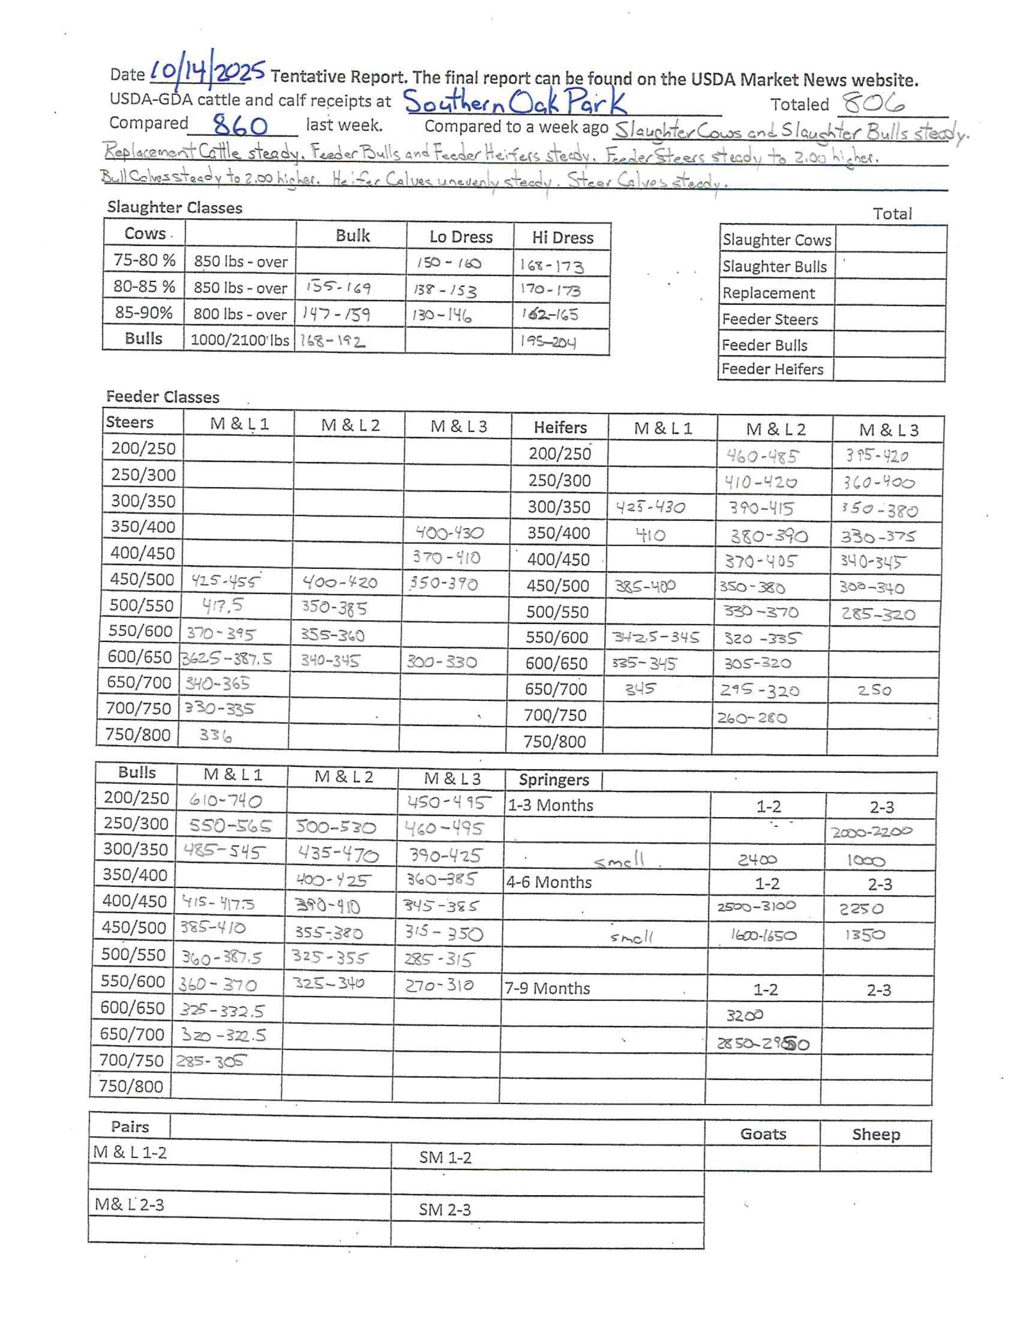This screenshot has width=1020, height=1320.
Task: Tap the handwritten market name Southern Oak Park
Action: (x=515, y=102)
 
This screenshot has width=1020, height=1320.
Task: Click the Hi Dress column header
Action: (x=562, y=238)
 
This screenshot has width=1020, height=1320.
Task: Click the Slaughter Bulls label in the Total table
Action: (x=775, y=267)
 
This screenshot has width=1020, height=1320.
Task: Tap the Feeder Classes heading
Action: (x=162, y=397)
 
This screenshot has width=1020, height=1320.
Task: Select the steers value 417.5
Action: (x=222, y=604)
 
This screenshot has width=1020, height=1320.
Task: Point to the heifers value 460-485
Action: (x=761, y=456)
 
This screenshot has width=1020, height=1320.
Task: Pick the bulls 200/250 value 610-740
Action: (x=225, y=801)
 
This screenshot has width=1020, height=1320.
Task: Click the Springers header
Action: (x=553, y=780)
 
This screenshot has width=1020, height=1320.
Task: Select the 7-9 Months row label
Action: (x=547, y=988)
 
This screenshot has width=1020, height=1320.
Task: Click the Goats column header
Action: (x=763, y=1134)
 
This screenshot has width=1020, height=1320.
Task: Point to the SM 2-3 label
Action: (x=445, y=1209)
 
